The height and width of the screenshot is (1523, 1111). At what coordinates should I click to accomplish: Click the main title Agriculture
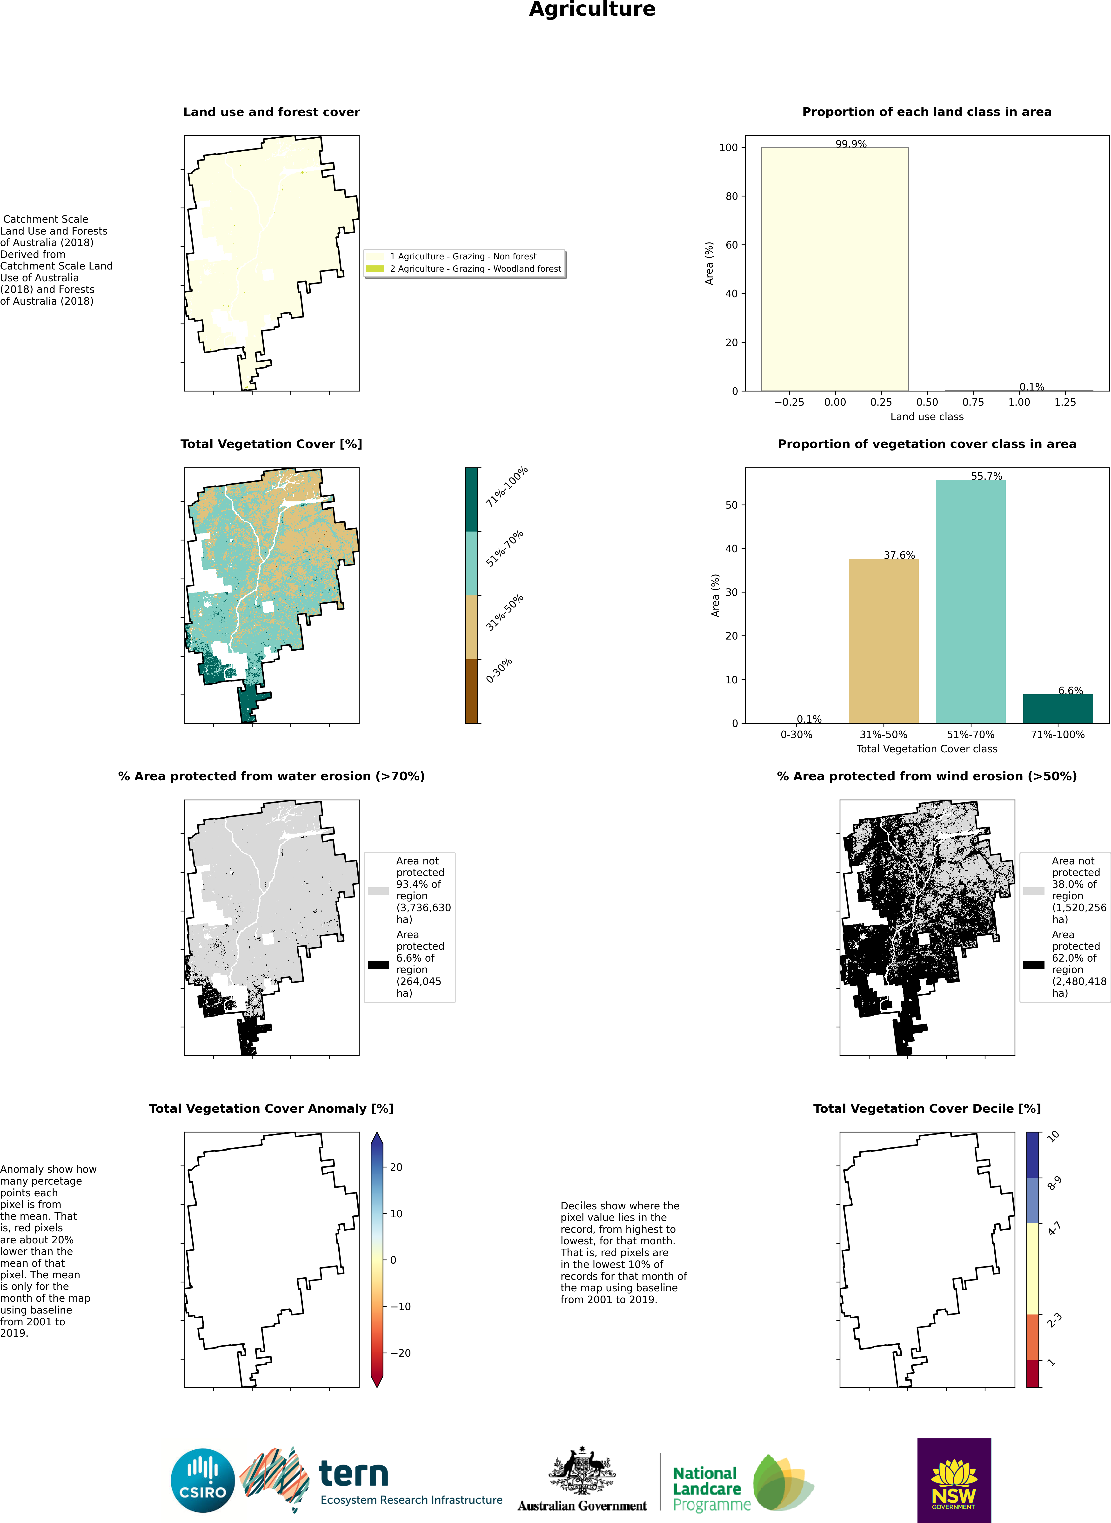click(592, 9)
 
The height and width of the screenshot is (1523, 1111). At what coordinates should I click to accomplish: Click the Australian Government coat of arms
click(582, 1472)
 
